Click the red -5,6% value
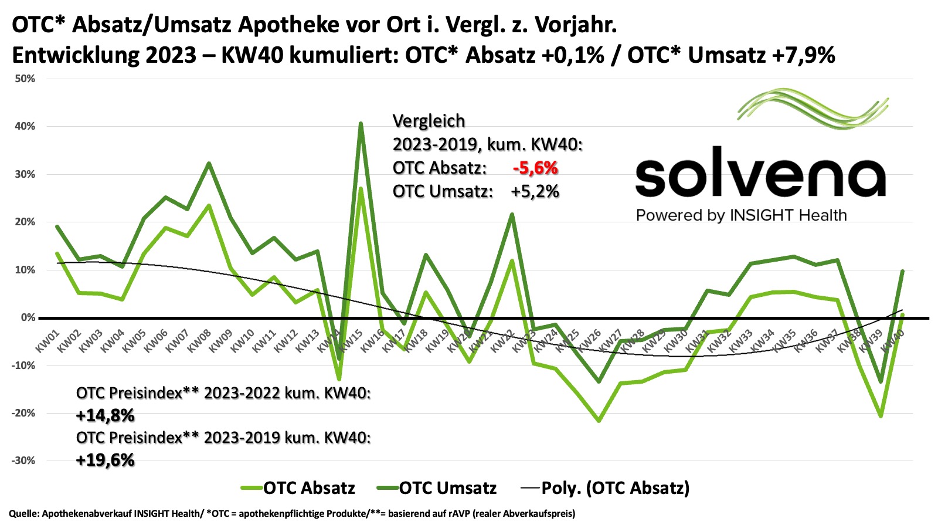[535, 168]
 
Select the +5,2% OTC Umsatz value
[535, 191]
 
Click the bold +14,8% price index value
[106, 416]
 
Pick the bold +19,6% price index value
[106, 460]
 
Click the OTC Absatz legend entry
[308, 488]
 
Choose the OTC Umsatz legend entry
[447, 488]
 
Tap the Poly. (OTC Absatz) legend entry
[614, 488]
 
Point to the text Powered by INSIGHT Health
[741, 215]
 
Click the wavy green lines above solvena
[814, 109]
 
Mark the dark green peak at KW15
[361, 123]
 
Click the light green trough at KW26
[599, 421]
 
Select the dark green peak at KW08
[209, 163]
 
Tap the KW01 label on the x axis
[47, 341]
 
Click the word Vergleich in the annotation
[429, 121]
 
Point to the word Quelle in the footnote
[22, 513]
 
